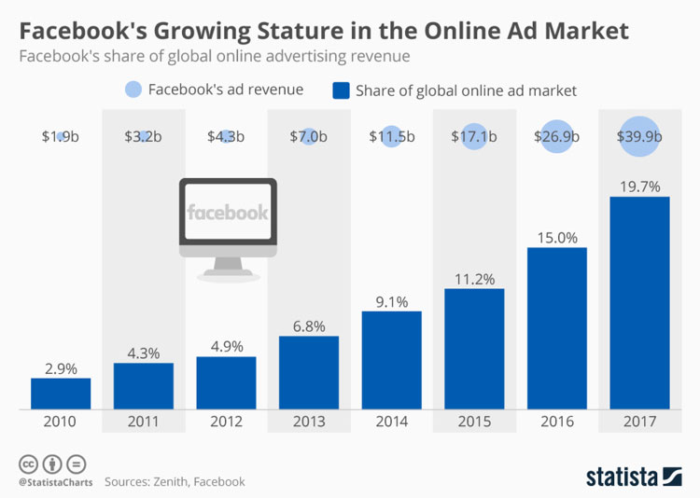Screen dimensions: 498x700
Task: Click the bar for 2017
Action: click(x=639, y=303)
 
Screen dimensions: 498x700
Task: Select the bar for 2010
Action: click(x=61, y=393)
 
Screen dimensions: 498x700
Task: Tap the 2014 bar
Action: click(x=391, y=359)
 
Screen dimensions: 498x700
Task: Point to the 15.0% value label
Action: click(x=556, y=237)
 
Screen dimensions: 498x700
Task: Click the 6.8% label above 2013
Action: click(x=308, y=326)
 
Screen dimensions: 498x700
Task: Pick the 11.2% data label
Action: click(x=474, y=279)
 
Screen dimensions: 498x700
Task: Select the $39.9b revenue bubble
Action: click(x=639, y=136)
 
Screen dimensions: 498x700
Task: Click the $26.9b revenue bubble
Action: click(x=556, y=136)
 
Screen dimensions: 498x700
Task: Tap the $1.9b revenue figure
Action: click(x=61, y=136)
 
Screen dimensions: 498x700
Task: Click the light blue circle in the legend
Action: click(x=134, y=90)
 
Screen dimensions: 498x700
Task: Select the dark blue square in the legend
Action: click(x=341, y=90)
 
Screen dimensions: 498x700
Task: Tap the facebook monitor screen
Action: click(x=227, y=213)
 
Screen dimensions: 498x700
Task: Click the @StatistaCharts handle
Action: click(x=53, y=482)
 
